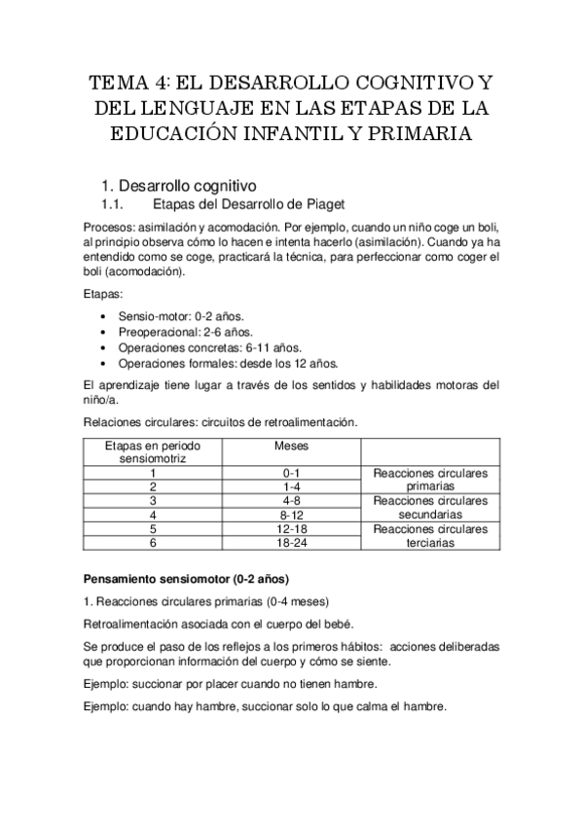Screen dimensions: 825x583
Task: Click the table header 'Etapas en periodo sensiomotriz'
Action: coord(152,449)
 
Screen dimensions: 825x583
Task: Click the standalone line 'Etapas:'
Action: coord(103,292)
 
